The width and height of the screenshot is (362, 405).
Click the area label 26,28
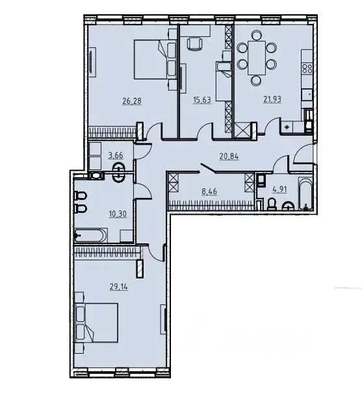point(132,101)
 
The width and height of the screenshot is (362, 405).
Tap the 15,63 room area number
point(202,100)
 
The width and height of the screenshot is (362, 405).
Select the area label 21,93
point(272,99)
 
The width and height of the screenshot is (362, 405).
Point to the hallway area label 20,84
point(229,156)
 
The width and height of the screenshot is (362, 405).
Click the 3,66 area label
point(116,156)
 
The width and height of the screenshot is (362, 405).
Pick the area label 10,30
point(118,214)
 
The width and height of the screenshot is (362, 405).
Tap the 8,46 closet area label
point(209,191)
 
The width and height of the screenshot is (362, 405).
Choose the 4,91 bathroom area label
point(279,189)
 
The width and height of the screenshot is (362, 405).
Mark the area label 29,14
point(119,287)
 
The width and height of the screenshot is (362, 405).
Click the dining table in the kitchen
point(257,58)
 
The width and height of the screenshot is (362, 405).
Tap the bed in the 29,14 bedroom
point(96,323)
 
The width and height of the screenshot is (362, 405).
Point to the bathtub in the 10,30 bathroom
point(90,236)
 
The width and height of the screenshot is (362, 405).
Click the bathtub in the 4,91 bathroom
point(305,193)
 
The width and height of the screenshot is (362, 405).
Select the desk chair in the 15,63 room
point(194,43)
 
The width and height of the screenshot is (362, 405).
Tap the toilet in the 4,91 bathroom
point(272,204)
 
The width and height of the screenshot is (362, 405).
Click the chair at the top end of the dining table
point(257,35)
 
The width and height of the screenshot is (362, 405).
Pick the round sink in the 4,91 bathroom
point(287,206)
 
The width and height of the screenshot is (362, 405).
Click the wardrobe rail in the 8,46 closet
point(211,205)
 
